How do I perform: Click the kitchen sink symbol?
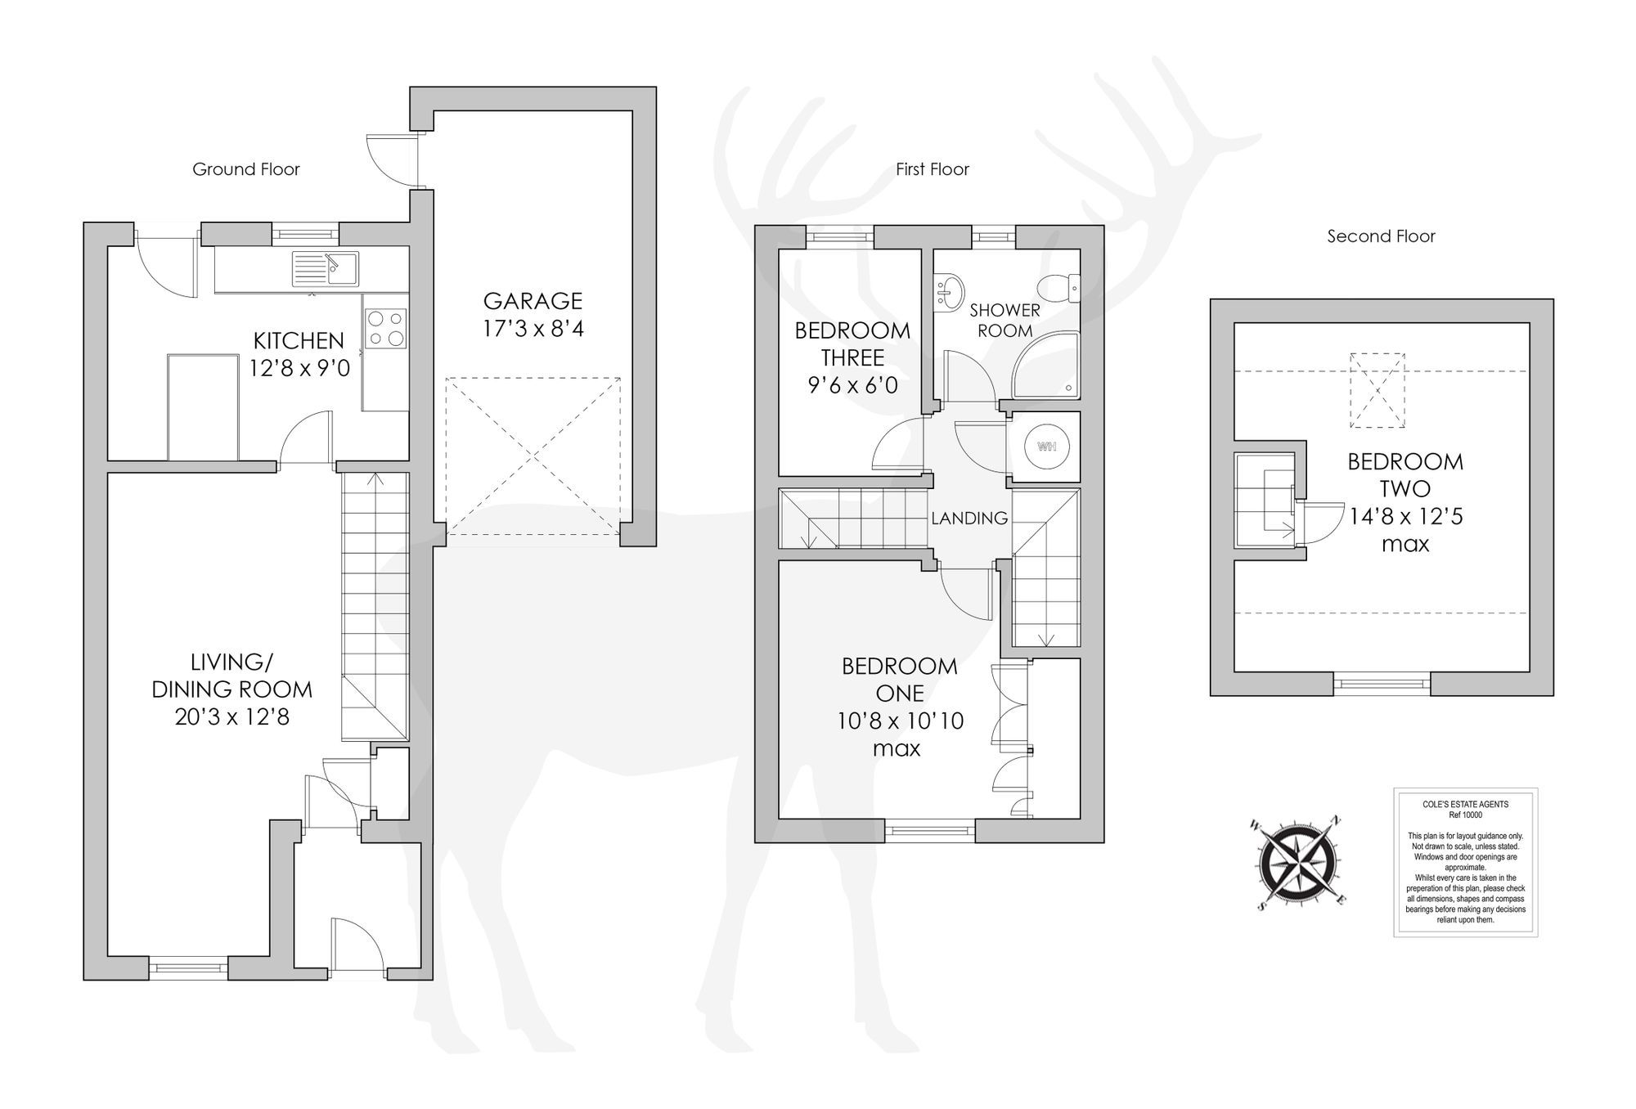click(x=326, y=268)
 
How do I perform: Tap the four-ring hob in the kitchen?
click(x=385, y=327)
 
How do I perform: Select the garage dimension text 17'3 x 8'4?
click(x=533, y=329)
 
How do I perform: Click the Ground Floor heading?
click(x=245, y=169)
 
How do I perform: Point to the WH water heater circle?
click(x=1046, y=447)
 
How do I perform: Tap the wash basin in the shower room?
click(x=949, y=291)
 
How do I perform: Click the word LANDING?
click(x=969, y=518)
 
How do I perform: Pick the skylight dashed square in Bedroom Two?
click(x=1377, y=390)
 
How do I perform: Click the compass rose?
click(x=1299, y=863)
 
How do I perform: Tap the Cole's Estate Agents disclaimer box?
click(x=1465, y=862)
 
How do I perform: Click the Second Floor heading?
click(x=1381, y=236)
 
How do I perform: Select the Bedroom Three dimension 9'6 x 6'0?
click(x=852, y=385)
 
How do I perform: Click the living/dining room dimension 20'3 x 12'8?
click(x=231, y=717)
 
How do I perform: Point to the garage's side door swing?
click(x=388, y=159)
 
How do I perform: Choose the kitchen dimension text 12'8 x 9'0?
click(x=299, y=368)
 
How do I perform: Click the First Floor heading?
click(x=932, y=169)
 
